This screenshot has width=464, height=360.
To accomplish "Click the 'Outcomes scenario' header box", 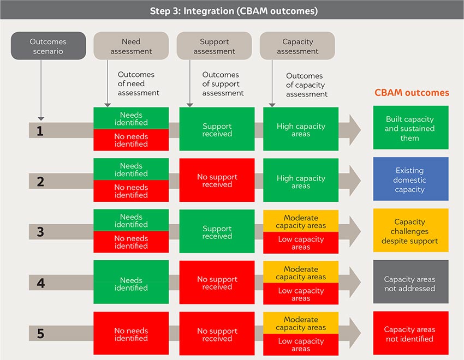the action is point(48,46).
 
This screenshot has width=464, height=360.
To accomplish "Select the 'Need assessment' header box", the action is point(131,46).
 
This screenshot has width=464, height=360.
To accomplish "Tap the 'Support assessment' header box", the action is point(214,46).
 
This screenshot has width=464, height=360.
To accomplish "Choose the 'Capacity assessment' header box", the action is point(298,46).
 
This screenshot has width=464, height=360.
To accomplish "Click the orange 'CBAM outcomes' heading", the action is point(412,93).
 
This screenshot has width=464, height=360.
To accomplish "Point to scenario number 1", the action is point(40,131).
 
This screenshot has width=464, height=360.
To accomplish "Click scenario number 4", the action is point(40,283).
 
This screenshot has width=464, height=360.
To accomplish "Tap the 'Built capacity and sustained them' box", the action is point(411,128).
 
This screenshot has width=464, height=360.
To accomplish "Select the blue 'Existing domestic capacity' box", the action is point(411,179).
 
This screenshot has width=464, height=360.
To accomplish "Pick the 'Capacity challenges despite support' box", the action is point(411,230).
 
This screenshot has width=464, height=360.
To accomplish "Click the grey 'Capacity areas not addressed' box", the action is point(411,281).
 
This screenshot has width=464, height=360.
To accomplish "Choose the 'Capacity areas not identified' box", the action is point(411,333).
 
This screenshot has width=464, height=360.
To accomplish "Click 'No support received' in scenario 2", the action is point(217,180).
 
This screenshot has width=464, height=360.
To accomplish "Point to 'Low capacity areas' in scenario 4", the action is point(301,294).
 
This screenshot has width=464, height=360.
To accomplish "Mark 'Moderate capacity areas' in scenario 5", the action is point(301,323).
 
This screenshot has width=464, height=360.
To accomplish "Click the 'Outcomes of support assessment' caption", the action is point(223,83).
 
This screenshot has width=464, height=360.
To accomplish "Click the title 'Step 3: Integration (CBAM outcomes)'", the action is point(234,11).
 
